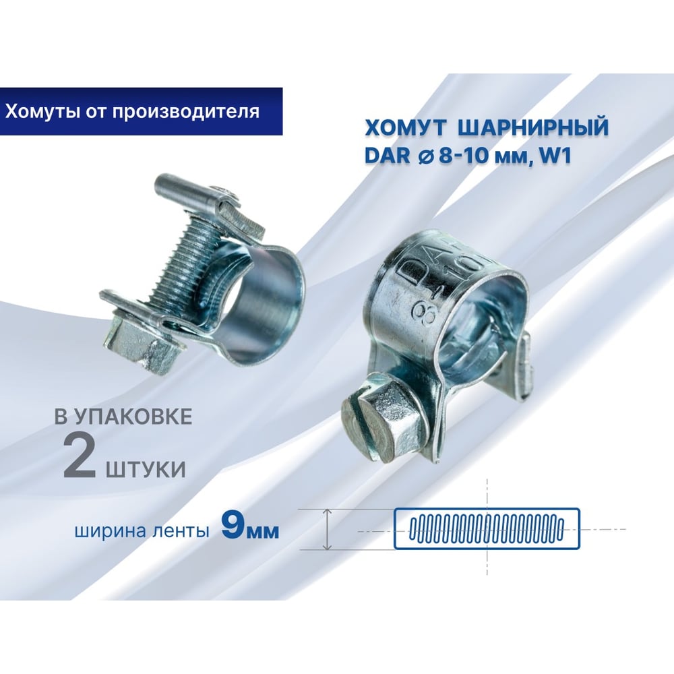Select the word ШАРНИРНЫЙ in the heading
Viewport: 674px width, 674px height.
coord(533,127)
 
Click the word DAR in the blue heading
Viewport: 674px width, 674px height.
coord(388,155)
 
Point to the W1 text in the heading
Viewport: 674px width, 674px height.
coord(558,155)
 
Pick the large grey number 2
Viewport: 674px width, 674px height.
coord(79,458)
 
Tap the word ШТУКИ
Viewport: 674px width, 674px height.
coord(146,468)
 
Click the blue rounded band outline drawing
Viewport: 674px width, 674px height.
coord(487,528)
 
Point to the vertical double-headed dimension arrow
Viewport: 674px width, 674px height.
coord(328,529)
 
